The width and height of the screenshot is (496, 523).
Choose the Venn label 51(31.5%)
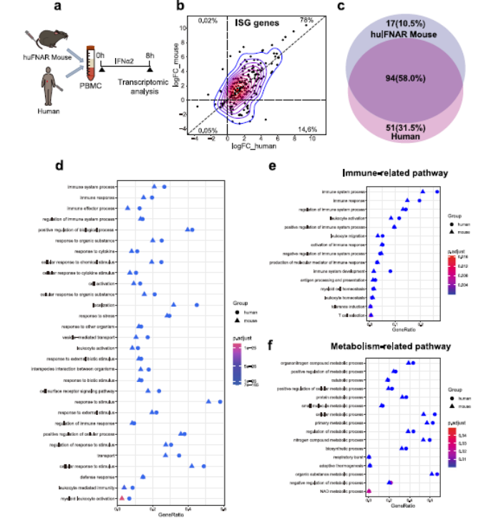[x=414, y=129]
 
